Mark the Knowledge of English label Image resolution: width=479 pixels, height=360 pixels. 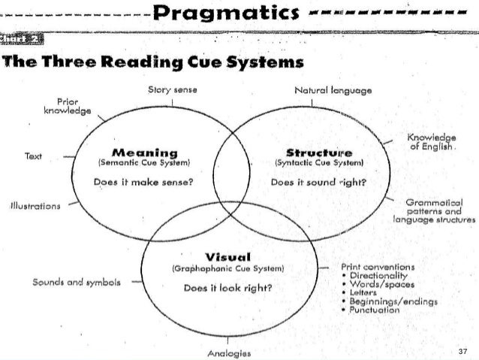[x=431, y=141]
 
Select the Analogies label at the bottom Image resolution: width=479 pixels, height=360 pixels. [x=230, y=352]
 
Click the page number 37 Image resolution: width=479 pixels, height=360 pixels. [x=462, y=350]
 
